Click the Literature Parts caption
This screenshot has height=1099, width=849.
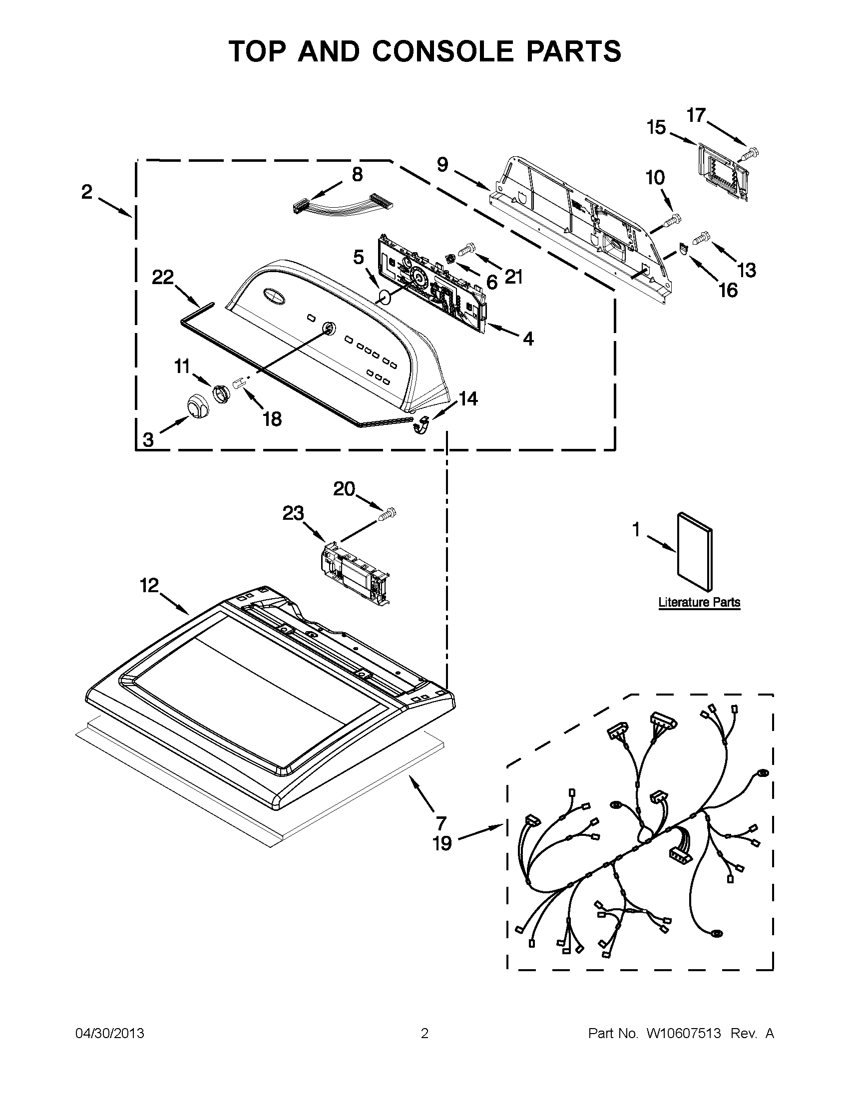tap(699, 602)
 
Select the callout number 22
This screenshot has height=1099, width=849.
tap(162, 277)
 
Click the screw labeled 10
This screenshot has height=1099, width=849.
tap(671, 220)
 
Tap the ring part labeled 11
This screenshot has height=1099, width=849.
tap(219, 392)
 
